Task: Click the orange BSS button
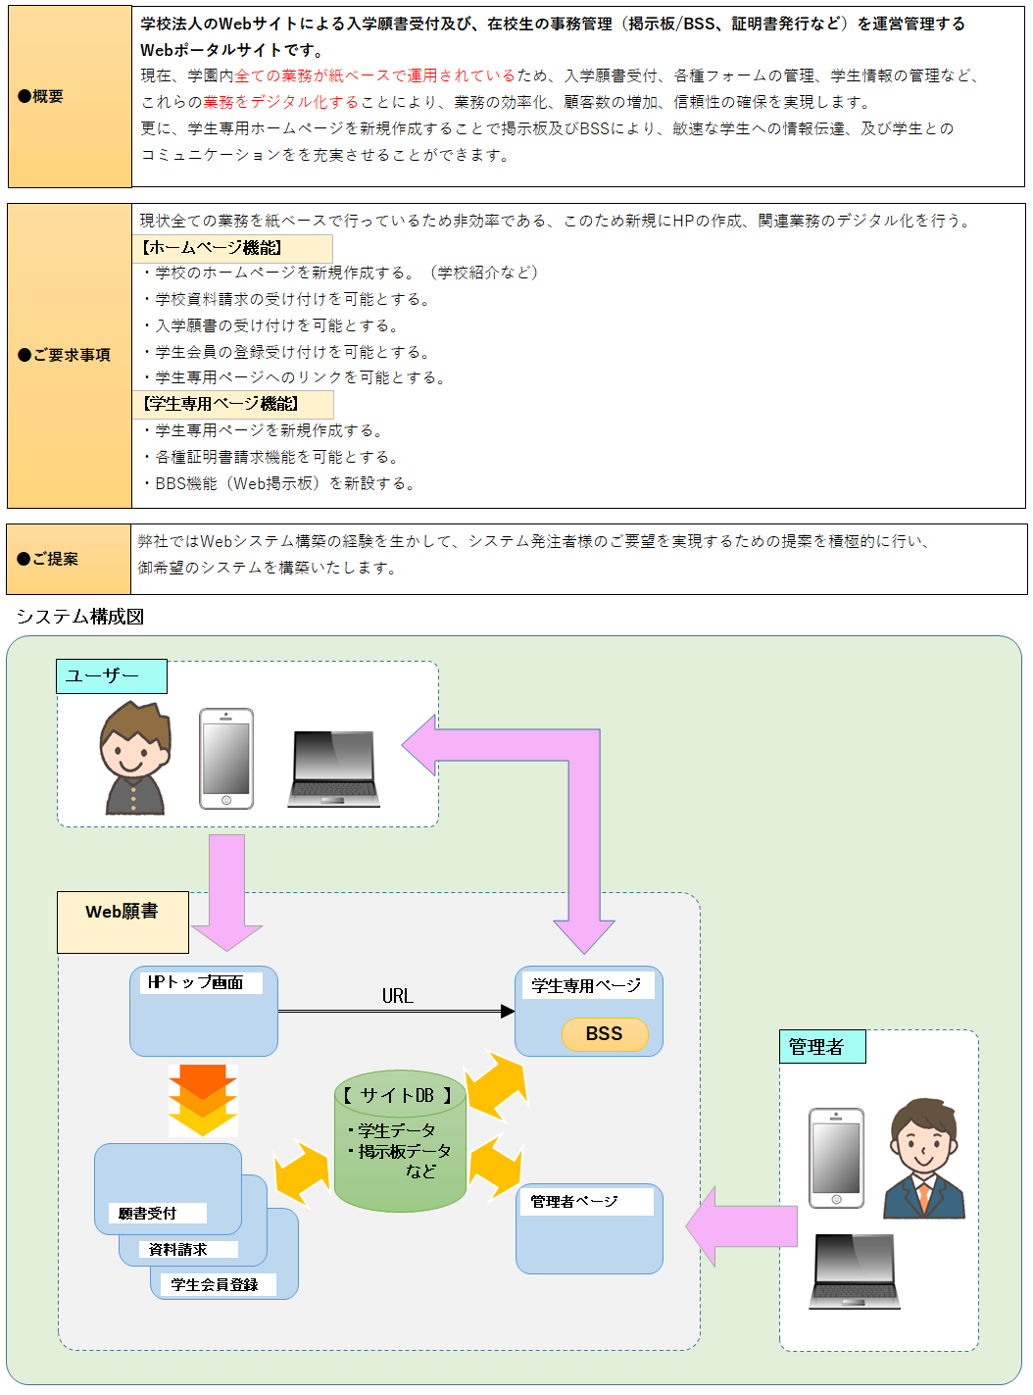click(x=604, y=1034)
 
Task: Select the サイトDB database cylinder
click(x=400, y=1141)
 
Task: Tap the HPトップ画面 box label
click(x=195, y=982)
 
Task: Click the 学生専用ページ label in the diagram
click(x=586, y=985)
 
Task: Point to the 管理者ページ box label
click(x=574, y=1201)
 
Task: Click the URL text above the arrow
click(x=397, y=996)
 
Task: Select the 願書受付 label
click(x=148, y=1213)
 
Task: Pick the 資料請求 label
click(x=178, y=1249)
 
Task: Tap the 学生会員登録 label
click(x=215, y=1284)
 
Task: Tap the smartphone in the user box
click(x=226, y=759)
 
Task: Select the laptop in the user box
click(x=333, y=770)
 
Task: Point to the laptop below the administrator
click(x=855, y=1271)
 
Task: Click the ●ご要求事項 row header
click(x=65, y=355)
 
